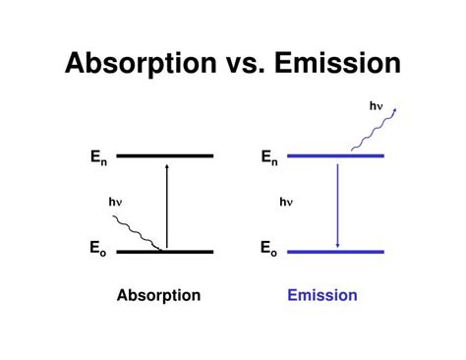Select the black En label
pos(97,156)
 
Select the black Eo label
pos(97,251)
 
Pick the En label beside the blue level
pos(268,156)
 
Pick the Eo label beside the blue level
pos(268,251)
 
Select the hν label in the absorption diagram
pos(115,202)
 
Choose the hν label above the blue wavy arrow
pos(376,104)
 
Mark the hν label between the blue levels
pos(286,202)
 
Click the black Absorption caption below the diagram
pos(158,295)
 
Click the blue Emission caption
pos(322,295)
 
